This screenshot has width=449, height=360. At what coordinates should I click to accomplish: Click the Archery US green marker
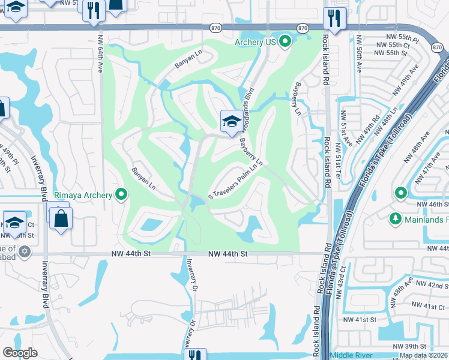coord(286,41)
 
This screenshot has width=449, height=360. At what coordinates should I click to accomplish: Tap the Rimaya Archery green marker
coord(122,194)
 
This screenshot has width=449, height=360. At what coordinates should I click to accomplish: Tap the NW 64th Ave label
coord(99,58)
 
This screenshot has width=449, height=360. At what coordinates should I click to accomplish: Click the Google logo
coord(20,353)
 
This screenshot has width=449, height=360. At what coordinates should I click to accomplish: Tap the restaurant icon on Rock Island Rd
coord(334,18)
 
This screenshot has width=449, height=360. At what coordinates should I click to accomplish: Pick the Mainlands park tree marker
coord(395,218)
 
